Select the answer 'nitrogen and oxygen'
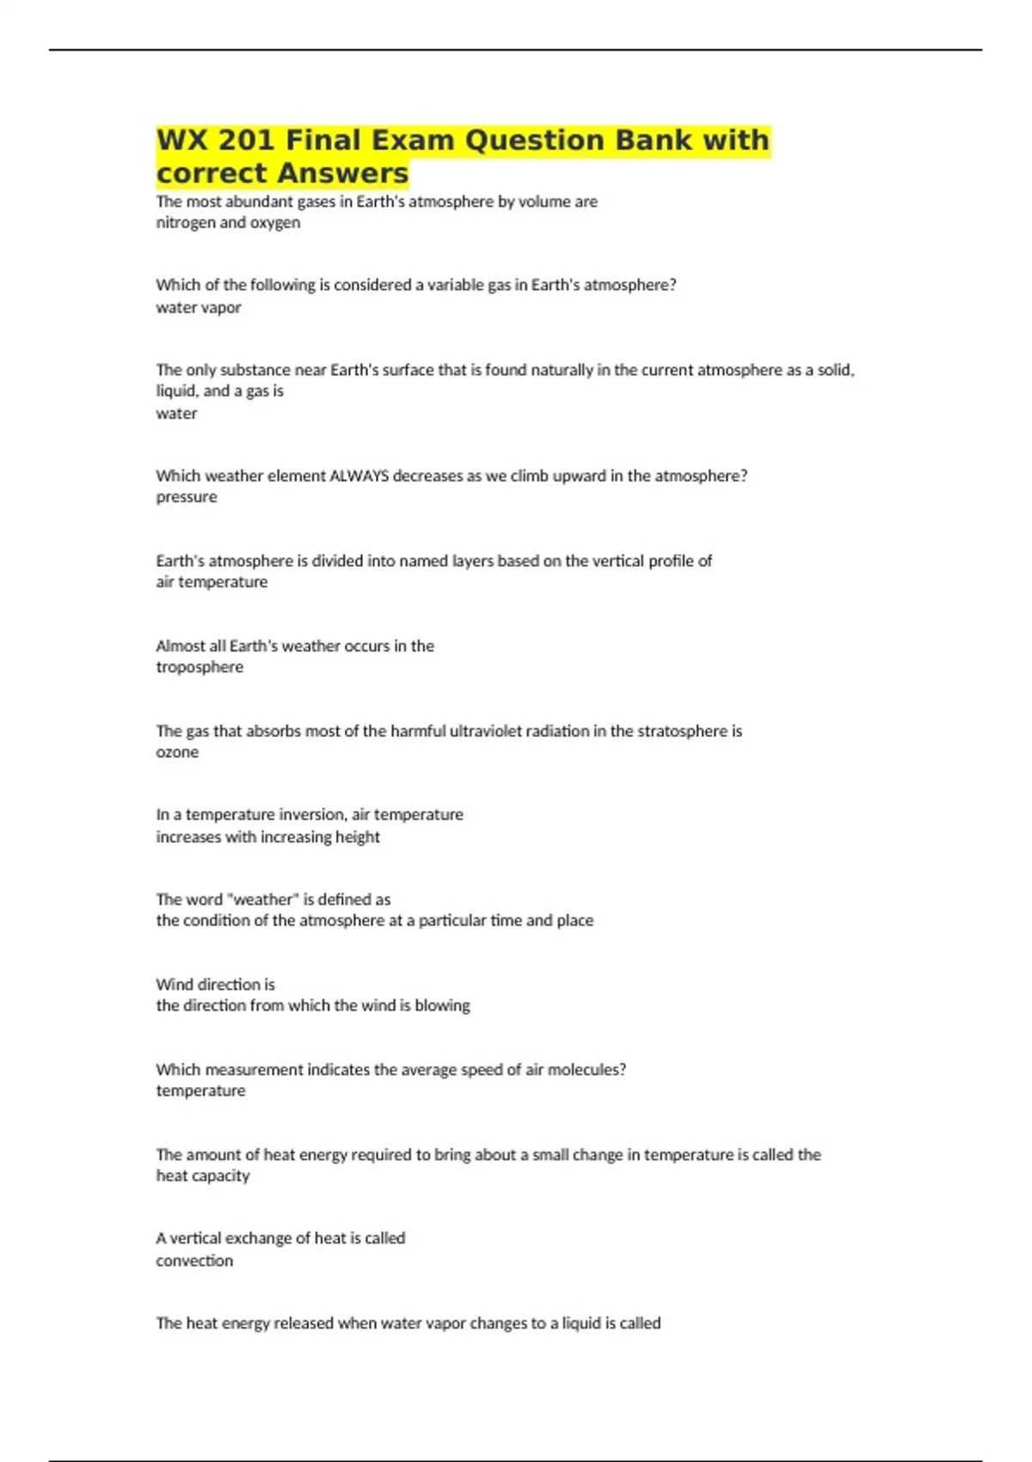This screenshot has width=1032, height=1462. tap(228, 223)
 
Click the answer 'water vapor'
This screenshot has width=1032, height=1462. tap(199, 308)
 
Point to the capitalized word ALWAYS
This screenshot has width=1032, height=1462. tap(359, 476)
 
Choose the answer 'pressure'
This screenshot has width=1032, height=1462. tap(187, 497)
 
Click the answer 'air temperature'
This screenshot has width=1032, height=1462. tap(212, 582)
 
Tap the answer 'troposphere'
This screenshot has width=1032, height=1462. tap(200, 667)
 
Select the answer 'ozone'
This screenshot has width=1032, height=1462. tap(177, 752)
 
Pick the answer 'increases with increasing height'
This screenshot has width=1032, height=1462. tap(267, 837)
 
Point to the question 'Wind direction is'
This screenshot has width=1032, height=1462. tap(215, 985)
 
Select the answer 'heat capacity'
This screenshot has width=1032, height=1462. tap(203, 1176)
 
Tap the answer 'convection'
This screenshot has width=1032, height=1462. tap(194, 1261)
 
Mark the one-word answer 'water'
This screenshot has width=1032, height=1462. tap(176, 414)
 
